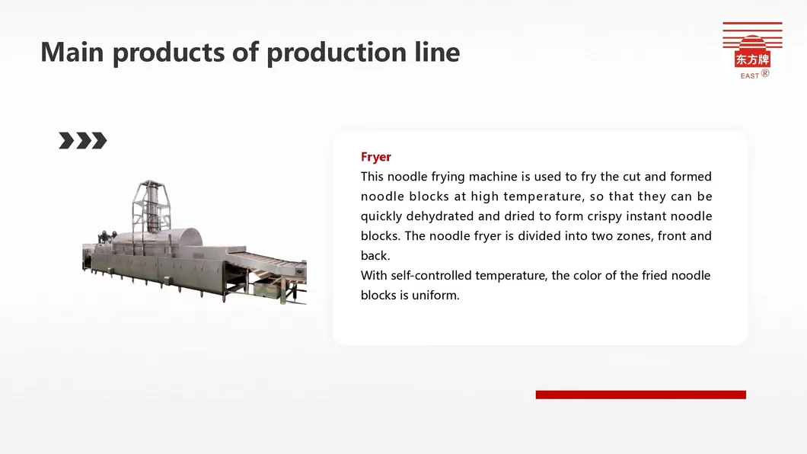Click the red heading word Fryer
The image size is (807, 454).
coord(375,157)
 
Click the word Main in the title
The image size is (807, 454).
coord(72,52)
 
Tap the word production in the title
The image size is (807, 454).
coord(337,53)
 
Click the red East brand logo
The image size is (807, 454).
coord(752,50)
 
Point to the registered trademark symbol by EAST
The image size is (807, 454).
coord(765,73)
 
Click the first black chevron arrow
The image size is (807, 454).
coord(66,140)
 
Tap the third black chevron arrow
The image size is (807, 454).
coord(99,140)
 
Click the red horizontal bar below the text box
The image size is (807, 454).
coord(641,395)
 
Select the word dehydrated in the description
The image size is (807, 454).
coord(439,216)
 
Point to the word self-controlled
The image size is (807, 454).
coord(431,276)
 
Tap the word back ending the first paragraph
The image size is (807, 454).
coord(375,256)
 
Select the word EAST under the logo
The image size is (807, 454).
coord(749,75)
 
